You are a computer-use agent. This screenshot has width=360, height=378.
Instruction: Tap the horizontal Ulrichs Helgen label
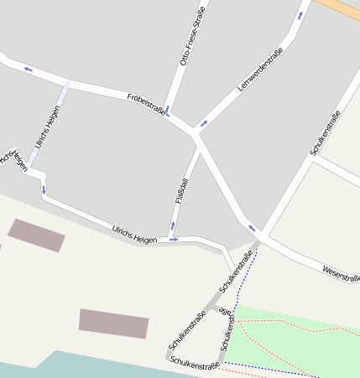134,234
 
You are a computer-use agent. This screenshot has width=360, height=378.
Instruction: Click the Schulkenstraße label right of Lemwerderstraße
324,133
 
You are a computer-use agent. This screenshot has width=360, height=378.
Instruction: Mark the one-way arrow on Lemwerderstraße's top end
300,14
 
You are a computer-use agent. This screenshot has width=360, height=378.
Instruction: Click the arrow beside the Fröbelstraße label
168,110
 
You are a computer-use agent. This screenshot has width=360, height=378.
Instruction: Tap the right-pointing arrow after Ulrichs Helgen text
173,240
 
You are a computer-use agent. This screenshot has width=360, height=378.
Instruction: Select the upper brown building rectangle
36,235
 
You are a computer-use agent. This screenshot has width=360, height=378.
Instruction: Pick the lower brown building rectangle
113,323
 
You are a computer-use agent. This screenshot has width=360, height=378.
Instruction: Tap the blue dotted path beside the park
241,293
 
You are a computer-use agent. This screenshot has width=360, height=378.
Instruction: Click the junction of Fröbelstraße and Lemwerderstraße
195,132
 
